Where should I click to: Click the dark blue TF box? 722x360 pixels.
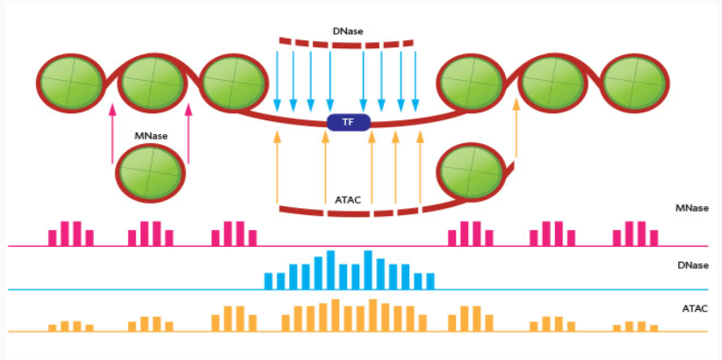tap(349, 122)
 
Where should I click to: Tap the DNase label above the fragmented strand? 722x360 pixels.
tap(348, 32)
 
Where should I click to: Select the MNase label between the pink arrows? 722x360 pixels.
tap(150, 136)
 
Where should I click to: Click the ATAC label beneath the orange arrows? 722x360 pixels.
tap(348, 200)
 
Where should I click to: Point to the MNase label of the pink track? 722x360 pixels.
tap(691, 208)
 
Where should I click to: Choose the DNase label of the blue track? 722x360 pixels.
tap(693, 266)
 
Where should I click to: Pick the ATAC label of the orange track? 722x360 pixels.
tap(695, 308)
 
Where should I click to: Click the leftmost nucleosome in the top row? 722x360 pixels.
tap(71, 83)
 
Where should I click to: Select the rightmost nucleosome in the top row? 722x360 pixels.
tap(635, 83)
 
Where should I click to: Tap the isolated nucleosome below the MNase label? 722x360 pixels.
tap(150, 173)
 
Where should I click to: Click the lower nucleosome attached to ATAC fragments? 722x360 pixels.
tap(472, 173)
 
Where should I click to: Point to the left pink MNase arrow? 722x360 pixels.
tap(112, 133)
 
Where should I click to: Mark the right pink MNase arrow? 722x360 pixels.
tap(188, 133)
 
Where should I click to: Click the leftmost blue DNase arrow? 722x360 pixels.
tap(277, 82)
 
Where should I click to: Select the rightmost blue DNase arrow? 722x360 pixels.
tap(415, 82)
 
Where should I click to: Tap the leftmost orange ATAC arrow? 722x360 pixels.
tap(277, 167)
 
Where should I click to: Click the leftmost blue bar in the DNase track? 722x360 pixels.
tap(269, 281)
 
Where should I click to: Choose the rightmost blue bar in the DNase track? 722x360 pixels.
tap(430, 281)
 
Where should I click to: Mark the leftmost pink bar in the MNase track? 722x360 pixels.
tap(53, 238)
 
